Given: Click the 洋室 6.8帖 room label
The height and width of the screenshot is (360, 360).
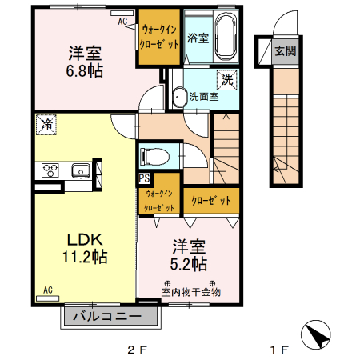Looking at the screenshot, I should coord(84,62).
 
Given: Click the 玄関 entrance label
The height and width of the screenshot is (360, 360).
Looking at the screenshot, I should coord(284,51).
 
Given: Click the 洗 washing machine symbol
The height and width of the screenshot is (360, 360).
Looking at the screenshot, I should coord(227,79).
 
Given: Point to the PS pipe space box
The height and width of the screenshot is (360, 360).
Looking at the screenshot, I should coord(145,178).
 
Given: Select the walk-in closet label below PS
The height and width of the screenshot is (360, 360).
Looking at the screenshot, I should coord(158,200).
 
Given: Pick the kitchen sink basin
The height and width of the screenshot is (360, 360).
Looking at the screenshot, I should coord(80,170).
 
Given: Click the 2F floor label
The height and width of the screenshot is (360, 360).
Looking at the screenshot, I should coord(138,350).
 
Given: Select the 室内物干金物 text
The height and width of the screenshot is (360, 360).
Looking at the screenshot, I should coord(190,292).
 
